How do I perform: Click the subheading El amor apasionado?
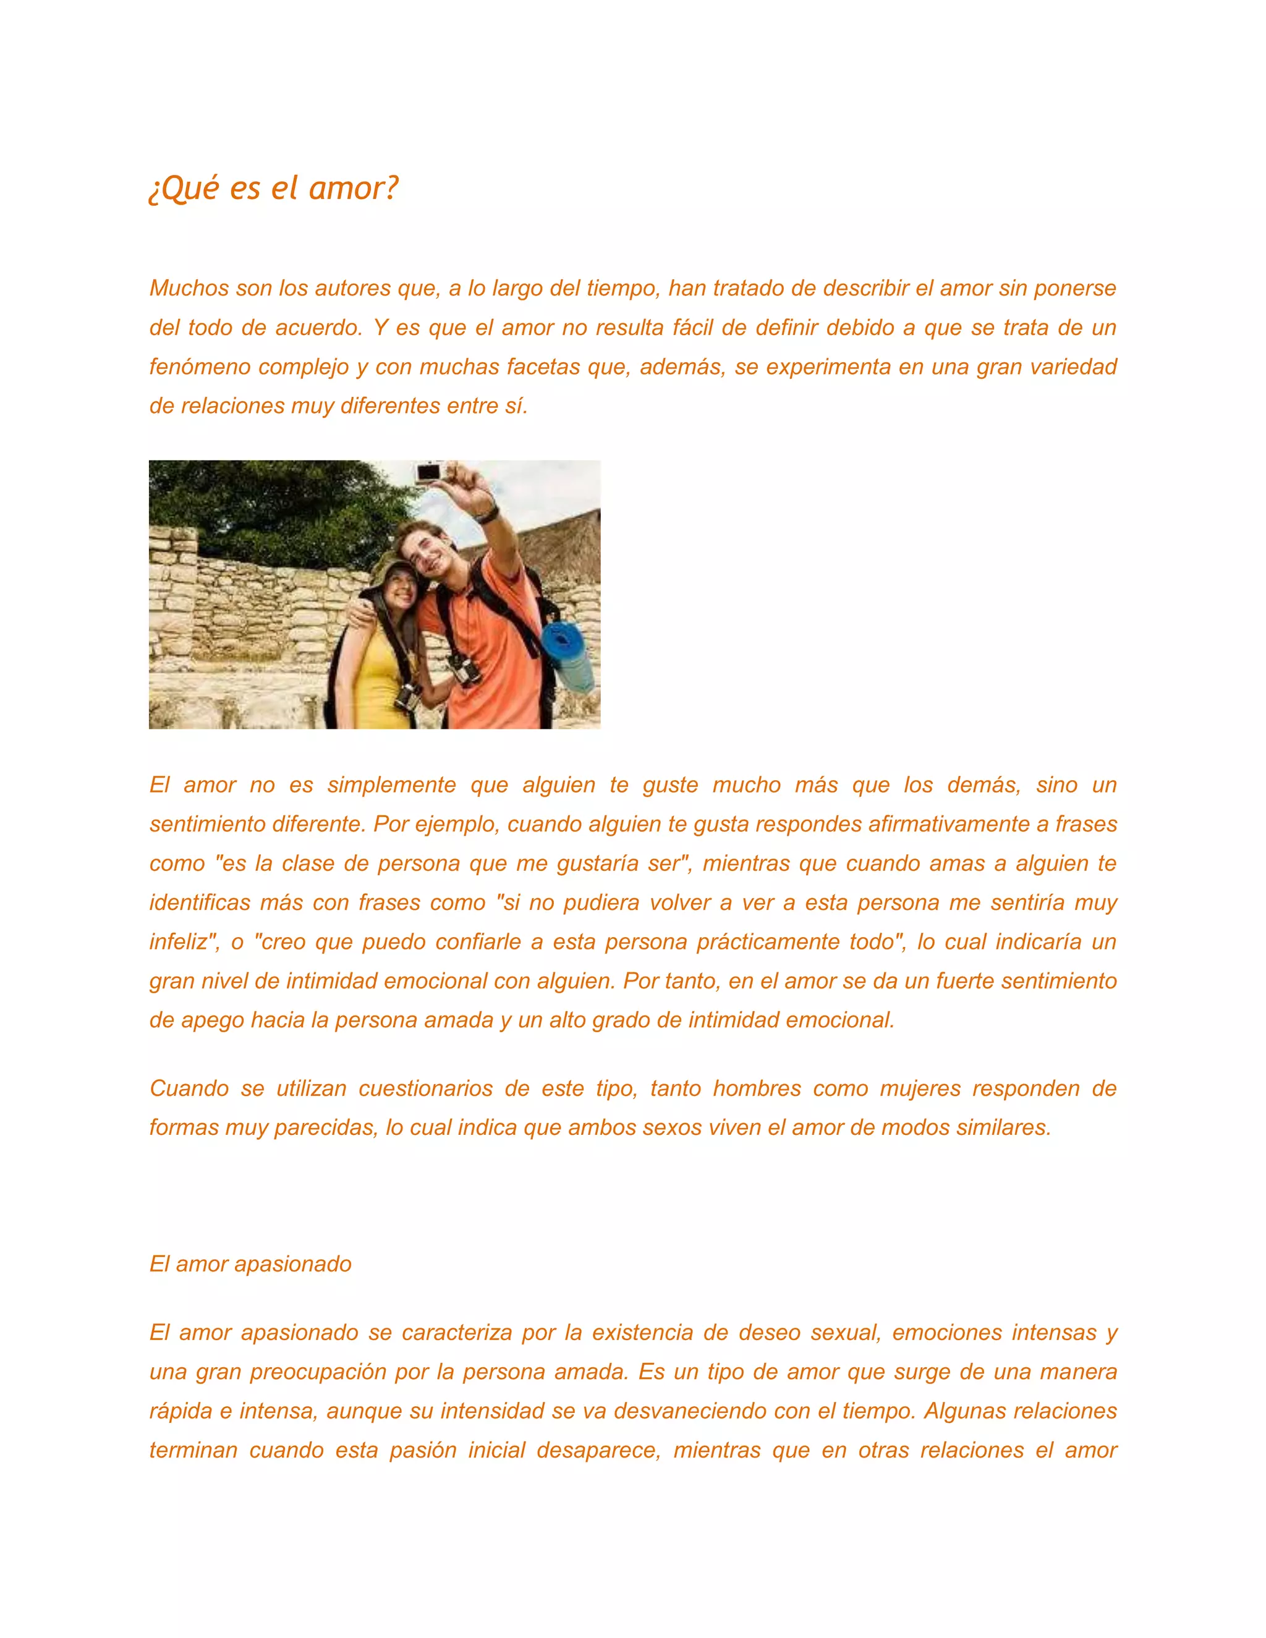pyautogui.click(x=250, y=1264)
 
